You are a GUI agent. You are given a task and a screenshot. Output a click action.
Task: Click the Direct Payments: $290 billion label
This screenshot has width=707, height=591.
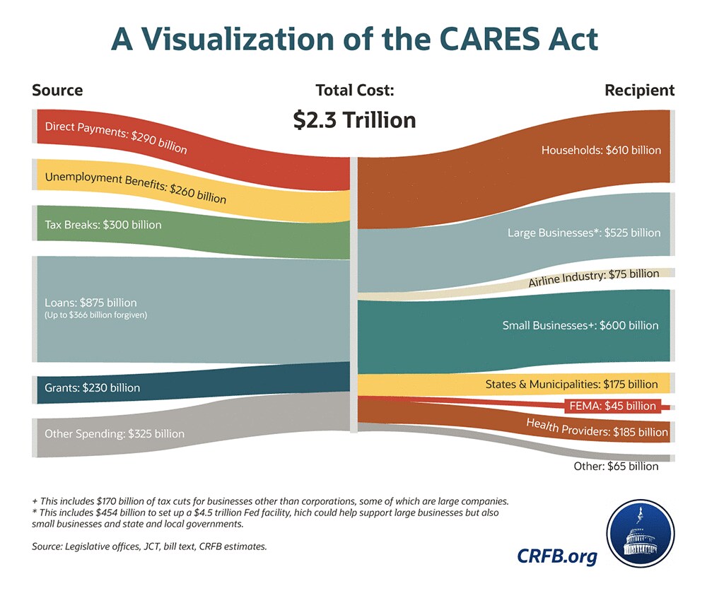tap(116, 138)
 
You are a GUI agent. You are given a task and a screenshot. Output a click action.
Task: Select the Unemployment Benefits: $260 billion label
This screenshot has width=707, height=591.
tap(136, 187)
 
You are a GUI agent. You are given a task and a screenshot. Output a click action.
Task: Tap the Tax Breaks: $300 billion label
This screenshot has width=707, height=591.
tap(103, 225)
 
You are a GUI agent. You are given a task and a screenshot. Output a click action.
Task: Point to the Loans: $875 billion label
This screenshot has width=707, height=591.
tap(90, 303)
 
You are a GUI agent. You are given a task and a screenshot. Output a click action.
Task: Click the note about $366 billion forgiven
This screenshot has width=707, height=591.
tap(95, 315)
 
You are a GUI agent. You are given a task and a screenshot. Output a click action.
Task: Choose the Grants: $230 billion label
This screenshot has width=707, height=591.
tap(92, 387)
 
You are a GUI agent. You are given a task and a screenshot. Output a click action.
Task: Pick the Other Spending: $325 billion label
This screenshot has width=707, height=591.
tap(115, 433)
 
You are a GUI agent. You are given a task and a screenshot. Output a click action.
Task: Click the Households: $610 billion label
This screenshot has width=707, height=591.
tap(601, 150)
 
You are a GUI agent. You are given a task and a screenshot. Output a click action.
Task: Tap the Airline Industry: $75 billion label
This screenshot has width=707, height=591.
tap(593, 278)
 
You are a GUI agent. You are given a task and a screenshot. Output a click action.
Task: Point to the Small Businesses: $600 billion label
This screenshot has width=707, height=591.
tap(580, 325)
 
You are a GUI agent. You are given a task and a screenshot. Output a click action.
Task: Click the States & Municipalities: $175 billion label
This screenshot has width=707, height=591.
tap(571, 385)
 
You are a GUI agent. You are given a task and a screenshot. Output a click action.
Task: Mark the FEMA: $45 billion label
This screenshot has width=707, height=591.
tap(612, 406)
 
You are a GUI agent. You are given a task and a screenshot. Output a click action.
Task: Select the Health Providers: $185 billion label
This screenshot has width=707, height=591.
tap(596, 427)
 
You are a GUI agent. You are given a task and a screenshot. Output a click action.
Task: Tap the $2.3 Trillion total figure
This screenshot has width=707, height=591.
tap(355, 120)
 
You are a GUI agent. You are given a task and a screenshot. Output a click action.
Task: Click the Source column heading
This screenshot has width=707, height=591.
tap(57, 90)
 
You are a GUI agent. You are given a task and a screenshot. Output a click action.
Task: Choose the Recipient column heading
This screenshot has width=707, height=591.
tap(639, 90)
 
